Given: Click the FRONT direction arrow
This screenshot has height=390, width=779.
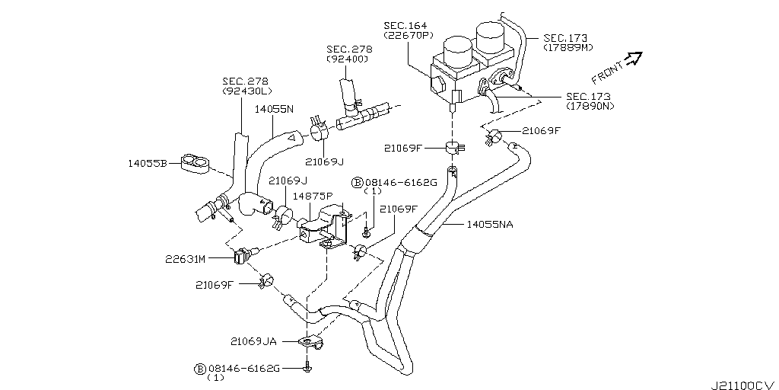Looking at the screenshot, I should point(634,59).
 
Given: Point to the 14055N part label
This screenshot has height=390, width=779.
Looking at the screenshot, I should point(274,110).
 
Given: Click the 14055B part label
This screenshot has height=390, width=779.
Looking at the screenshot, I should point(149,162).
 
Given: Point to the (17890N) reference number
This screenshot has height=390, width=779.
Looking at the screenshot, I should point(591,107).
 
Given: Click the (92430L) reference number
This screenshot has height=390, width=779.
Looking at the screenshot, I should point(245,91).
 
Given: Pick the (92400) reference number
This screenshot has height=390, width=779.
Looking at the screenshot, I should point(348,59).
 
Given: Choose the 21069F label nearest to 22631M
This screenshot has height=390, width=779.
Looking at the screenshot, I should point(215,286).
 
